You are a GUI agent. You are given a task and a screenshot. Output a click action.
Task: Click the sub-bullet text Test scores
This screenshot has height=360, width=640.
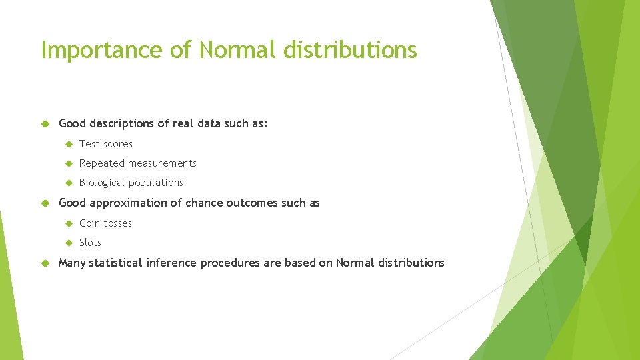tap(106, 144)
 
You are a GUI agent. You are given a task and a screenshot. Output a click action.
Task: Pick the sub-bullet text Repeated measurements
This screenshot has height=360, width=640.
tap(138, 163)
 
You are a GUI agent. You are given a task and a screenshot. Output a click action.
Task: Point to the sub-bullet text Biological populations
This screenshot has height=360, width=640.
tap(131, 183)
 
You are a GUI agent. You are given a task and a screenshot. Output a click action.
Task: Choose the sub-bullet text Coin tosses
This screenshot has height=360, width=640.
tap(105, 223)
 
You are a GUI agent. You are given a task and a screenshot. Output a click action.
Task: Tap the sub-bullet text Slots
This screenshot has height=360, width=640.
tap(91, 243)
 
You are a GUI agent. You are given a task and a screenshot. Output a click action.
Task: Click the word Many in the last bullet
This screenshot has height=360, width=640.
tap(72, 263)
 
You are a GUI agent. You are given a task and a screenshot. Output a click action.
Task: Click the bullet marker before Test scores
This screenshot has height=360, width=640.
tap(68, 144)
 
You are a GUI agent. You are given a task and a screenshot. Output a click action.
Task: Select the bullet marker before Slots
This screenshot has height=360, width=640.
tap(68, 243)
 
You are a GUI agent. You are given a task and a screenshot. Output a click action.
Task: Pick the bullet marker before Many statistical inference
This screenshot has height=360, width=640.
tap(46, 263)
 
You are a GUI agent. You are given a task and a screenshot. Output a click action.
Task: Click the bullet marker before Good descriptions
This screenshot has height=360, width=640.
tap(46, 123)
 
